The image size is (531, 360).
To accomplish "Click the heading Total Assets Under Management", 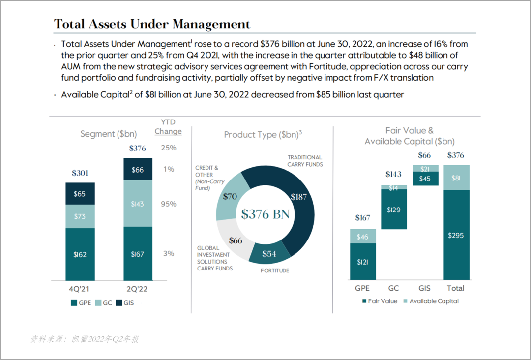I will click(152, 24).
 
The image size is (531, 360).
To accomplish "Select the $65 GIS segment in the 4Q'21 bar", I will click(80, 194).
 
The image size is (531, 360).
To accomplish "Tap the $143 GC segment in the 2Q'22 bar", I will click(138, 204).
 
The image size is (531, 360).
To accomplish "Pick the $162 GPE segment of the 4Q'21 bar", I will click(80, 254).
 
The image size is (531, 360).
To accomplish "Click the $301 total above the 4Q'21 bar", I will click(80, 173).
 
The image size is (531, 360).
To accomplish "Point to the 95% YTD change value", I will click(169, 204).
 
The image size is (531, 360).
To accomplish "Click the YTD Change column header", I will click(168, 127).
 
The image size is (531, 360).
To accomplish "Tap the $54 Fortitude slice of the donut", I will click(269, 254).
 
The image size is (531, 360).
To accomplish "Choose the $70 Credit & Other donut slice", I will click(230, 197).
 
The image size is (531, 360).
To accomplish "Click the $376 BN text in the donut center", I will click(265, 214).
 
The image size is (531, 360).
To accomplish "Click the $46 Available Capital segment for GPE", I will click(363, 237).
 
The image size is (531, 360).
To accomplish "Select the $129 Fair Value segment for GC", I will click(394, 210).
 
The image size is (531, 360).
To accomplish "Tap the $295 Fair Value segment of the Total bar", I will click(456, 235).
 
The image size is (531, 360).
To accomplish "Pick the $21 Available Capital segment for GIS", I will click(425, 169).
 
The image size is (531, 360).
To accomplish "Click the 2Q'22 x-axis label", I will click(137, 289).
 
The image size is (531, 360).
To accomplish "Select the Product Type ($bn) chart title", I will click(263, 134).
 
